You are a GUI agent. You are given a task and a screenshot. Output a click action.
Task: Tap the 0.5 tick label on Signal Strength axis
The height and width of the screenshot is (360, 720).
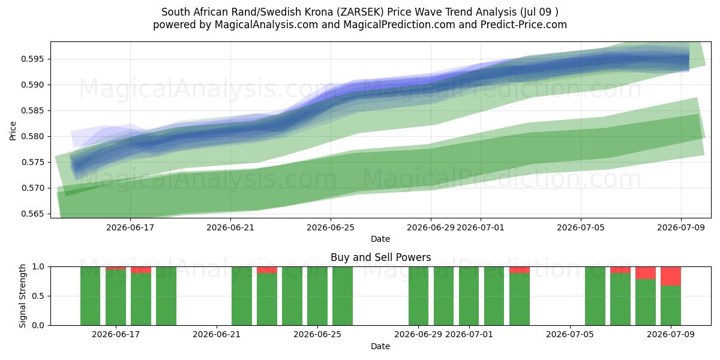pos(38,296)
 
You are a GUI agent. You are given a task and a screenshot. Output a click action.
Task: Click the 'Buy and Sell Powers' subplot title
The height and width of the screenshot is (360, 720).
pos(380,257)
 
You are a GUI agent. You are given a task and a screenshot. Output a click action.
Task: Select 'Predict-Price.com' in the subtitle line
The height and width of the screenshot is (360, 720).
pos(524,25)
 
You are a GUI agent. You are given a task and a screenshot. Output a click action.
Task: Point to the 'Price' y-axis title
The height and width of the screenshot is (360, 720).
pos(13,131)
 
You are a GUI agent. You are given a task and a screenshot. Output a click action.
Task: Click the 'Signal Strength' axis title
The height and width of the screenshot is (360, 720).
pos(22,296)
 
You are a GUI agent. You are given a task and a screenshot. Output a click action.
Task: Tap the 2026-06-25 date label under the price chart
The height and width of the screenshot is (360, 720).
pos(331,227)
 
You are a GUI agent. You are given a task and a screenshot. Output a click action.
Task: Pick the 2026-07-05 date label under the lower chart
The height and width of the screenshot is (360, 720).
pos(570,335)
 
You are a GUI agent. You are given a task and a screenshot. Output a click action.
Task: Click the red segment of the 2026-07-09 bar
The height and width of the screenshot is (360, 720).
pos(671,276)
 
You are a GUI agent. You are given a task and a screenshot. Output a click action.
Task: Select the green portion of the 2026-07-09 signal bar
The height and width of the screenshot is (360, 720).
pos(671,305)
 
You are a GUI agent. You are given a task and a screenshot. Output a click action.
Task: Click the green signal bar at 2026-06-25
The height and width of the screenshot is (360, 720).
pos(317,296)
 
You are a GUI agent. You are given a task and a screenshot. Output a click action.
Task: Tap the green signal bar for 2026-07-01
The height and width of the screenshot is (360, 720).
pos(469,296)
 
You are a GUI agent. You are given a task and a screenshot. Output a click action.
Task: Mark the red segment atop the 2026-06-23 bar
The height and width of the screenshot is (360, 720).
pos(267,270)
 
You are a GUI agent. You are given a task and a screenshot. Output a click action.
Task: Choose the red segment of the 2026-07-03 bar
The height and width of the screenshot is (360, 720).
pos(520,270)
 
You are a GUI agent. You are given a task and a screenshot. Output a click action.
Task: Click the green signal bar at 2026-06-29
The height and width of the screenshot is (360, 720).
pos(419,296)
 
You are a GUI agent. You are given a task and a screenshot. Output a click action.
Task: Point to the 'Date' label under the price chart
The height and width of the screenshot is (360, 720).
pos(380,239)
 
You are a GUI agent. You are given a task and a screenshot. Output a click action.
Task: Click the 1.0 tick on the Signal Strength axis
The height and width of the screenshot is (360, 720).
pos(38,267)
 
